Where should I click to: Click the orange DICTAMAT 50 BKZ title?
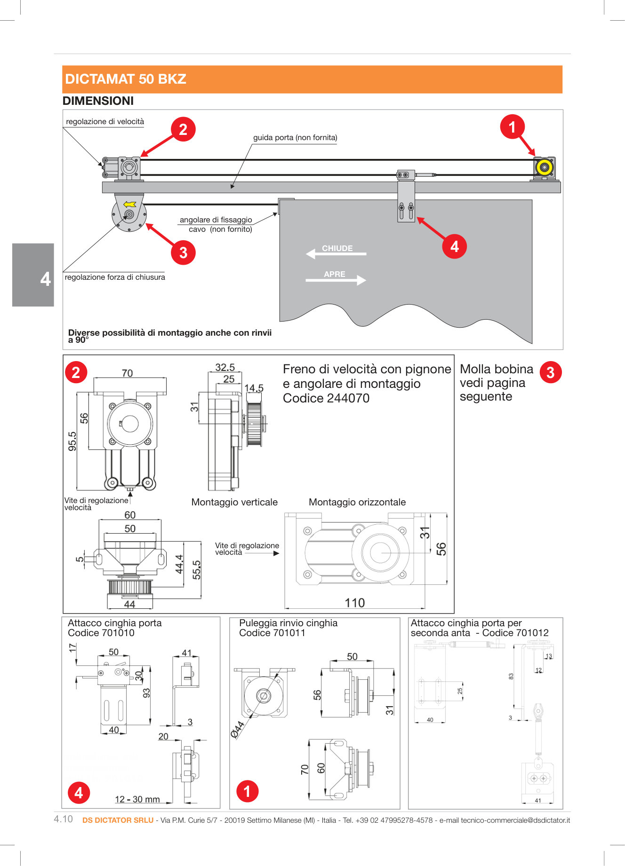point(126,79)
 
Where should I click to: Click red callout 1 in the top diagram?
point(512,127)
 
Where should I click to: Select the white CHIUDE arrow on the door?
point(336,253)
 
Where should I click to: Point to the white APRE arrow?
point(336,279)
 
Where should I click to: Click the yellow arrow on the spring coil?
point(129,205)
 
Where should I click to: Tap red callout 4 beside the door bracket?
point(454,246)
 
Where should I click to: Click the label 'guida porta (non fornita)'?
point(295,138)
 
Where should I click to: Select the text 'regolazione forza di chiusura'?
point(115,277)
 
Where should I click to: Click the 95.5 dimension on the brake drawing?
point(72,441)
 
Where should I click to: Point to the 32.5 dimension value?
point(225,368)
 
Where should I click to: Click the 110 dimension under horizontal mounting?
point(354,603)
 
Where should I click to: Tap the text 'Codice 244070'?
point(326,398)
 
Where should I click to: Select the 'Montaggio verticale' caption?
point(234,502)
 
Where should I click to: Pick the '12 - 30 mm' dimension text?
point(137,799)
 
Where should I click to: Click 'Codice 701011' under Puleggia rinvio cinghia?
point(272,633)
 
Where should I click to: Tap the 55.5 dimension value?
point(197,570)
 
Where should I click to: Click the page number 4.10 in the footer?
point(64,819)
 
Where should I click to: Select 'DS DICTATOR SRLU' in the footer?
point(118,820)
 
